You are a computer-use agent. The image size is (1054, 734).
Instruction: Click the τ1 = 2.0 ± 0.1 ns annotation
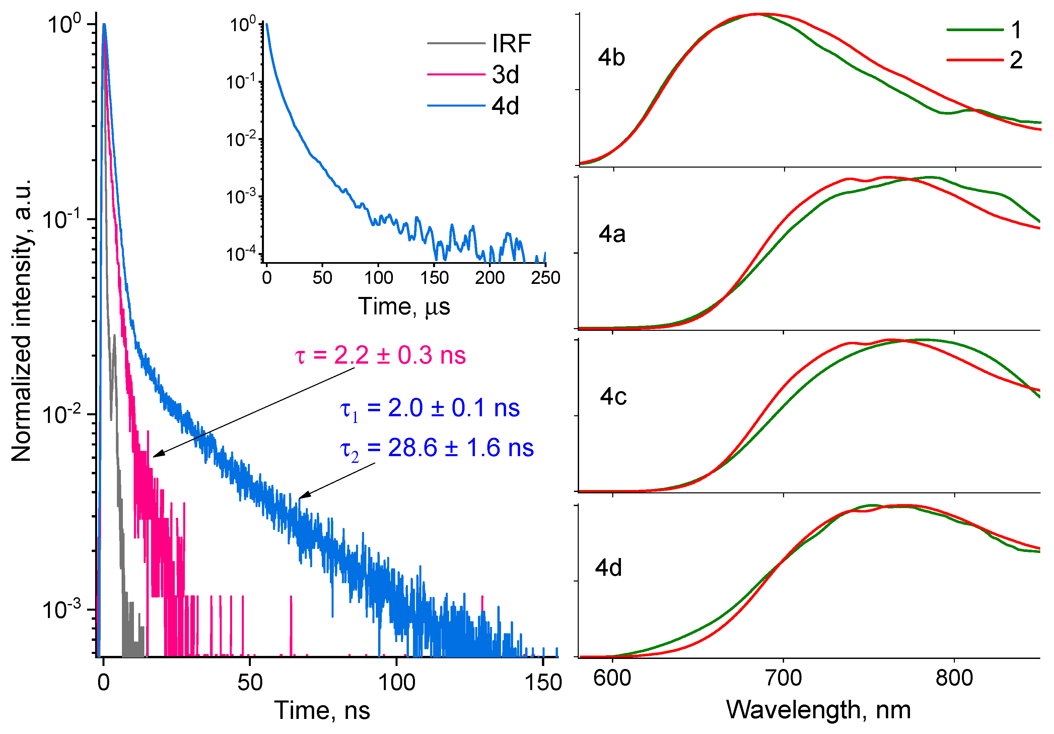[430, 408]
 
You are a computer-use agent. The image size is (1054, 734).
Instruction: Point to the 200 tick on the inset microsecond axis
[490, 278]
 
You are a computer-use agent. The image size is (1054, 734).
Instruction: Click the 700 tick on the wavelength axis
[784, 678]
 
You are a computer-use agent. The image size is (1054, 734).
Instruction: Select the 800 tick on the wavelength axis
[955, 678]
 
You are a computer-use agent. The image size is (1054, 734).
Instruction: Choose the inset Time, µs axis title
[404, 306]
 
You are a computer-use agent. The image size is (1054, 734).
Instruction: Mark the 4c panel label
[613, 396]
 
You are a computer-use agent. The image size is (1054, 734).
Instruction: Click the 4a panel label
[612, 234]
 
